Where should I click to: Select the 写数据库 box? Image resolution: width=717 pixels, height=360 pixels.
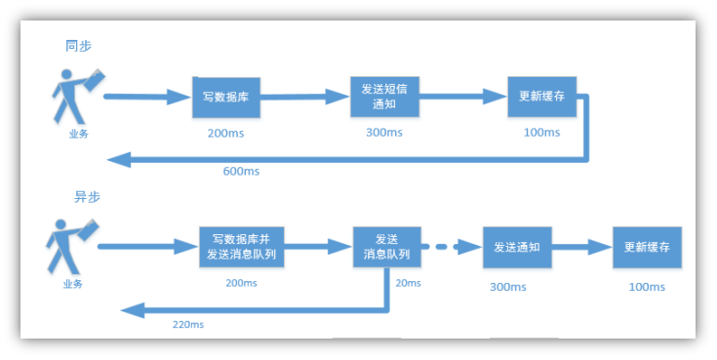(219, 96)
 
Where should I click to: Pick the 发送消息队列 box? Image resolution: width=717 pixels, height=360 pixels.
(386, 246)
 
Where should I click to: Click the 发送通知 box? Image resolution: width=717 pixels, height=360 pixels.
(517, 247)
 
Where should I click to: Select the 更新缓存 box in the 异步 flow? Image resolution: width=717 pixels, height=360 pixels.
(646, 247)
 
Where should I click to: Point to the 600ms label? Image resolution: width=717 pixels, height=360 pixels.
(240, 172)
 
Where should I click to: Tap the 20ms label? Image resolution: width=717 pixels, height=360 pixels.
(408, 283)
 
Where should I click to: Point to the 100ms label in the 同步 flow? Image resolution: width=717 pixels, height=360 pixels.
(539, 132)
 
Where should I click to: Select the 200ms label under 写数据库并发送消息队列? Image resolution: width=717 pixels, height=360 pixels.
(240, 283)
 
